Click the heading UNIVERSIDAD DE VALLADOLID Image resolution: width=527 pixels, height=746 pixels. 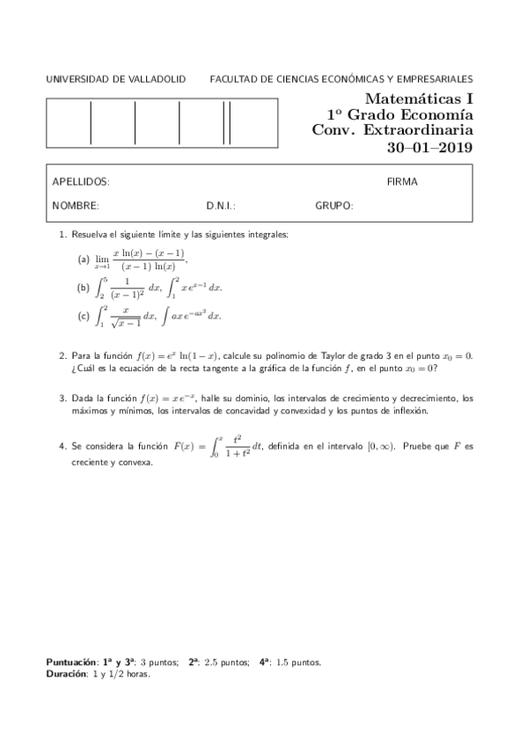(115, 79)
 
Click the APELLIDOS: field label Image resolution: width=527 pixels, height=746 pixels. (81, 182)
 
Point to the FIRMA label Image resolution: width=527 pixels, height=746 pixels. (402, 182)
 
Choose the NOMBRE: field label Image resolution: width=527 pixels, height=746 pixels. (76, 206)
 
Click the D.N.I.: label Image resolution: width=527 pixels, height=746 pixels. (221, 206)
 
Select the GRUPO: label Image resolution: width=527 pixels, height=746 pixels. (334, 206)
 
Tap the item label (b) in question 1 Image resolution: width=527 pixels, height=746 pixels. (84, 287)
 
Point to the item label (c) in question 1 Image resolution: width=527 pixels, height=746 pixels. (84, 315)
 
